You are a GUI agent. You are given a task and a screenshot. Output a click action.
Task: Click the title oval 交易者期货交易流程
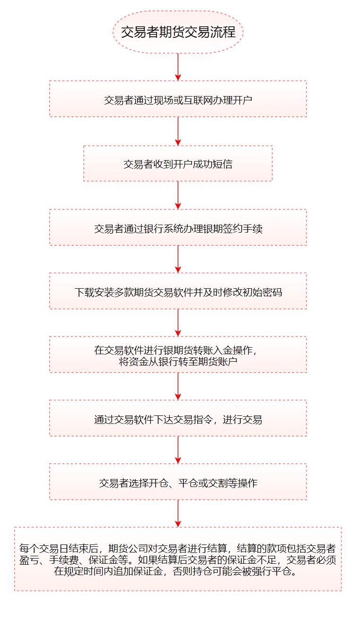click(178, 32)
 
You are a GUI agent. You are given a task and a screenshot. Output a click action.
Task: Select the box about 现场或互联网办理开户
click(178, 99)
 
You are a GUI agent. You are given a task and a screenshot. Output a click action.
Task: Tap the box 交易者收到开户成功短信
click(178, 163)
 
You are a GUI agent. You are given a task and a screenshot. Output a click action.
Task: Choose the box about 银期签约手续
click(178, 227)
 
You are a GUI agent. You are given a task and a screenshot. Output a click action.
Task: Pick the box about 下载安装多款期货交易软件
click(178, 291)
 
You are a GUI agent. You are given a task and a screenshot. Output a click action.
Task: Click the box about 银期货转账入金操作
click(178, 355)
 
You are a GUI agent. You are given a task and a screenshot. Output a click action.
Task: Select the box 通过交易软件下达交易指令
click(178, 418)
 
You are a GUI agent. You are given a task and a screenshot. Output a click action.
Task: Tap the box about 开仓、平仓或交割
click(178, 482)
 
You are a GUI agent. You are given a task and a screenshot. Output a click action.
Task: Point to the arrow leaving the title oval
click(178, 67)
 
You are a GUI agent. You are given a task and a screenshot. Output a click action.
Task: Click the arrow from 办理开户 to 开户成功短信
click(178, 131)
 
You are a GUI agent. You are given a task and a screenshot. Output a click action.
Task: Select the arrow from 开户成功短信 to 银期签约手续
click(178, 195)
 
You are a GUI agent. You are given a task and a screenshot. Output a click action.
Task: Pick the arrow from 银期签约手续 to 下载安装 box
click(178, 259)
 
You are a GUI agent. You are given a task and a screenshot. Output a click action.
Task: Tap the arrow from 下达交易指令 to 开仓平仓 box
click(178, 450)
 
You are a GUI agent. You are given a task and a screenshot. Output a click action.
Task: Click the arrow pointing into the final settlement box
click(178, 514)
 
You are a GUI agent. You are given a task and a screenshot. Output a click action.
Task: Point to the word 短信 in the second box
click(222, 164)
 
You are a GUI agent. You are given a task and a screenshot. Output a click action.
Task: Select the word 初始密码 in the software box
click(262, 292)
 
